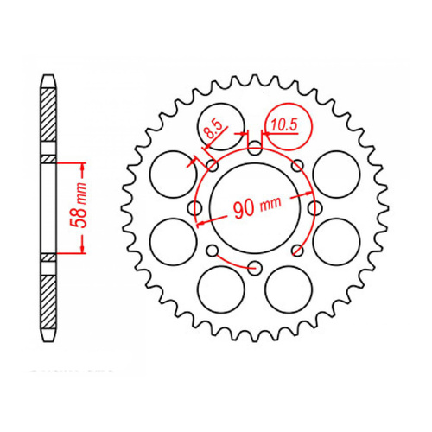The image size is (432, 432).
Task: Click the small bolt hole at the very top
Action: [x=253, y=149]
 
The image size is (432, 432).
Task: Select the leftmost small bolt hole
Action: [x=196, y=207]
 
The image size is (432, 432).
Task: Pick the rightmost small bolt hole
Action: [x=312, y=207]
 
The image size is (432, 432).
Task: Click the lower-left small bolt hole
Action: [x=212, y=250]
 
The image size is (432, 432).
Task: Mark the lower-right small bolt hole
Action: [x=296, y=250]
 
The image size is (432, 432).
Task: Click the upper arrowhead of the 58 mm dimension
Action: [x=83, y=164]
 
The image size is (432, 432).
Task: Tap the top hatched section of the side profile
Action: [x=49, y=121]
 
